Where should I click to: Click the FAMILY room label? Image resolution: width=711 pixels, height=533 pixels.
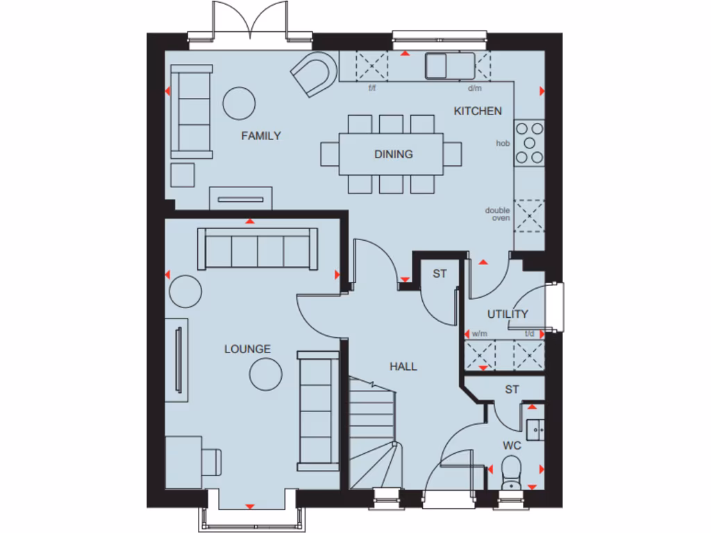tap(261, 136)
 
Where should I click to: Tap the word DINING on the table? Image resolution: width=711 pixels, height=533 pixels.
tap(394, 154)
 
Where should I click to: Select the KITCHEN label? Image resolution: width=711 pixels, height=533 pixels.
tap(478, 111)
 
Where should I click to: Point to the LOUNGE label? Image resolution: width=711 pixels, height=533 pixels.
tap(247, 349)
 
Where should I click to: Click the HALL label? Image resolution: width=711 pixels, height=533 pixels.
tap(403, 366)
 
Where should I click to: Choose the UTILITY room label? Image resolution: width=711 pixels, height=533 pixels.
tap(508, 314)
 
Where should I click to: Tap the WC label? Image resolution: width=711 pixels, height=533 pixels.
tap(512, 445)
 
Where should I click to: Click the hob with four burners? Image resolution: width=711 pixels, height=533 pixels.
tap(530, 142)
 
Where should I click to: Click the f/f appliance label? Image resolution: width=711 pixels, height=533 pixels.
tap(371, 89)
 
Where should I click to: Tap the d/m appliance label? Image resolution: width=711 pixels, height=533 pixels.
tap(475, 89)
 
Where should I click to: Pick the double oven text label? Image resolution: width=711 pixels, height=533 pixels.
tap(498, 214)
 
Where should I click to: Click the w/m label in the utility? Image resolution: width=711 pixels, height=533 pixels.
tap(479, 334)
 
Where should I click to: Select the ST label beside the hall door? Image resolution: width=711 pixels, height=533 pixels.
tap(440, 274)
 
